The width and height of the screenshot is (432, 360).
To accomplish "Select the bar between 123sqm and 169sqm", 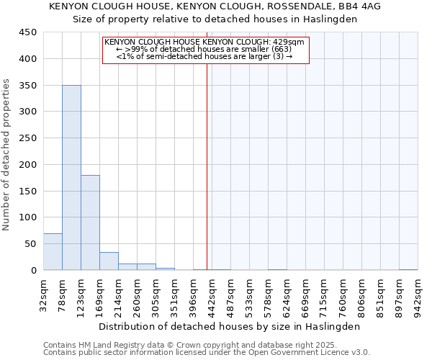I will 90,222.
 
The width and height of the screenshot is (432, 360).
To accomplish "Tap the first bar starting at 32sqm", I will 53,252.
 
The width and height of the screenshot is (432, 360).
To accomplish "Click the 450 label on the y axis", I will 28,32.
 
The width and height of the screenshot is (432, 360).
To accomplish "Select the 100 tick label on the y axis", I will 28,217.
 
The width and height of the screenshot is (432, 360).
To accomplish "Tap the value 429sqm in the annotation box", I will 291,42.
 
